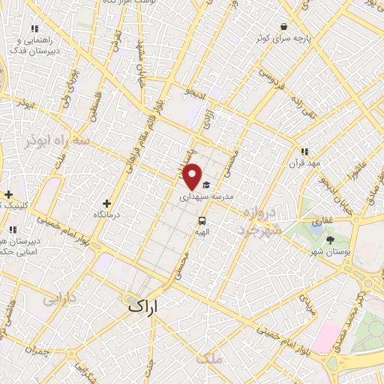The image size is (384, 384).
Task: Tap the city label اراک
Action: [144, 306]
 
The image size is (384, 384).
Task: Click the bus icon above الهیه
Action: [202, 220]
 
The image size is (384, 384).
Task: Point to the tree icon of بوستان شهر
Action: [331, 240]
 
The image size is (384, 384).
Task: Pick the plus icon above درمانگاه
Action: [106, 202]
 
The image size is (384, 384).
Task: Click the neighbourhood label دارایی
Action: [59, 300]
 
